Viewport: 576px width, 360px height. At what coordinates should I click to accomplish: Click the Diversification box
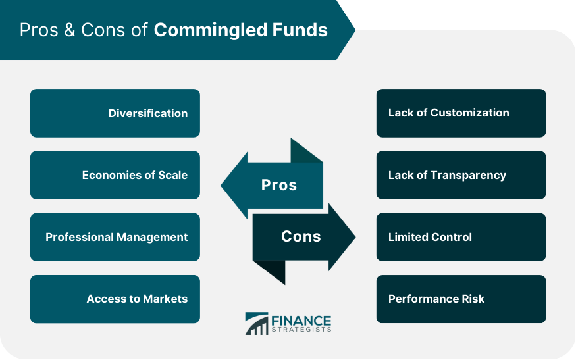click(x=115, y=113)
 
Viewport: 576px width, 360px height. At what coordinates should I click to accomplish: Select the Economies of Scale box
click(x=115, y=175)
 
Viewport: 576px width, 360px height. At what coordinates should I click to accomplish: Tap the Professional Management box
click(x=115, y=237)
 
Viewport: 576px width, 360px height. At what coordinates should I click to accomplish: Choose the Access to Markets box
click(x=115, y=299)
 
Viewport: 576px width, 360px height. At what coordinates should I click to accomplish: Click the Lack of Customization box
click(x=461, y=113)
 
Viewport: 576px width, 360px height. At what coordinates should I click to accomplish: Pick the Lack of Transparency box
click(x=461, y=175)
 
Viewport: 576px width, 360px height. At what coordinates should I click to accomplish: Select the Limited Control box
click(x=461, y=237)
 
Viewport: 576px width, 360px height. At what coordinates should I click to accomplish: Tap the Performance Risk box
click(x=461, y=299)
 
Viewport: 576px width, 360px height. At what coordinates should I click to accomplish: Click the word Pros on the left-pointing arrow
click(x=279, y=185)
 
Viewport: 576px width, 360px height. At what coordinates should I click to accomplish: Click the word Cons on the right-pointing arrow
click(x=301, y=236)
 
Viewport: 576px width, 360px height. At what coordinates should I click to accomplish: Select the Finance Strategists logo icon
click(x=256, y=323)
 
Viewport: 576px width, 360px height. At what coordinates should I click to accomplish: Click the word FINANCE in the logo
click(x=301, y=321)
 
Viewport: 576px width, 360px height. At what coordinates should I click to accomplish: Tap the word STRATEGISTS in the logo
click(x=301, y=330)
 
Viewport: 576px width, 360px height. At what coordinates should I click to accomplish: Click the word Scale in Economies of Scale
click(x=172, y=175)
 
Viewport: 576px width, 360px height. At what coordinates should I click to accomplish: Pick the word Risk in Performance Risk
click(x=473, y=299)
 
